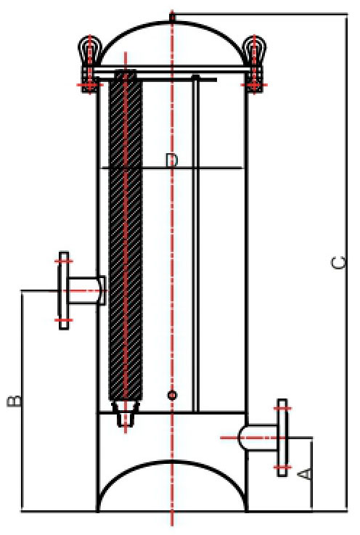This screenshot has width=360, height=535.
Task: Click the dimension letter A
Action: [305, 473]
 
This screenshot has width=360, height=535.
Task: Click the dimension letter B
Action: [15, 401]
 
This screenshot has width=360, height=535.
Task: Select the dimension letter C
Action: [339, 263]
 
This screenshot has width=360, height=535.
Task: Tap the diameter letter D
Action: [171, 160]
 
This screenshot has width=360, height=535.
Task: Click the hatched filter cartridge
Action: [126, 234]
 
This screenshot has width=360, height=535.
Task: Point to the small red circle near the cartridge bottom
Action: [172, 395]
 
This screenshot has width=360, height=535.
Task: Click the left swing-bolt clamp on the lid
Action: [90, 63]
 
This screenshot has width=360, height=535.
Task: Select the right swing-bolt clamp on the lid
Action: [254, 63]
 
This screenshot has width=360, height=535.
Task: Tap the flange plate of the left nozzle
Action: [64, 290]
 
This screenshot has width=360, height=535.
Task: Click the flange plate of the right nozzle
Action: [282, 438]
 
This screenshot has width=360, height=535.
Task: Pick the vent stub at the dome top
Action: [172, 17]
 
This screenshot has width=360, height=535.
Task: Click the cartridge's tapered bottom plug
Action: [126, 413]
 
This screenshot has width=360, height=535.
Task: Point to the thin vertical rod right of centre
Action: [196, 244]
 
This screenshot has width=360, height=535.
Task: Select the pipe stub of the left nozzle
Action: [86, 290]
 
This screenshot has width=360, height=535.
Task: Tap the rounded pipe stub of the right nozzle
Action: [258, 438]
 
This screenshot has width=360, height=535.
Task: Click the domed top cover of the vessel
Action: [172, 23]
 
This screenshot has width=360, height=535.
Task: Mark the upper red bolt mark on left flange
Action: [64, 261]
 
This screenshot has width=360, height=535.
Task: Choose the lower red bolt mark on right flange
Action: [282, 467]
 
